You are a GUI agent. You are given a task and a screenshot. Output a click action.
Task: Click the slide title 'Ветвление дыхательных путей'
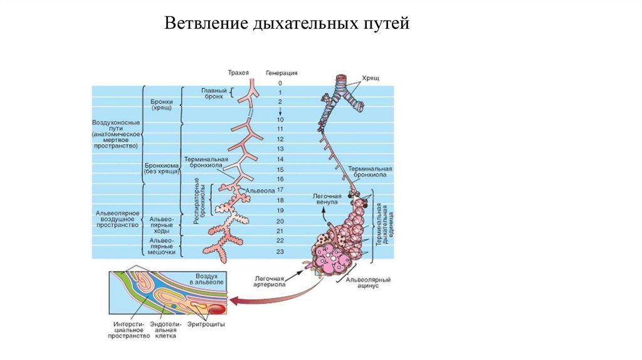287,24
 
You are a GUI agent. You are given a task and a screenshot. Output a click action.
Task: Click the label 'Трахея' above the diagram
239,73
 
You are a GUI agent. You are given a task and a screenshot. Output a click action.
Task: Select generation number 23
280,251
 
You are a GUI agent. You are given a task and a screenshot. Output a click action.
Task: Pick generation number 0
280,83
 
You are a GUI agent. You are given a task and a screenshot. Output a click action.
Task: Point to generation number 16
280,179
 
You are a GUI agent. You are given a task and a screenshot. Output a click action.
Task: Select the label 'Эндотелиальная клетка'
166,330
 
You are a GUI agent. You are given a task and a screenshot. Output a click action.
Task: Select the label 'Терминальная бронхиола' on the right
371,172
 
